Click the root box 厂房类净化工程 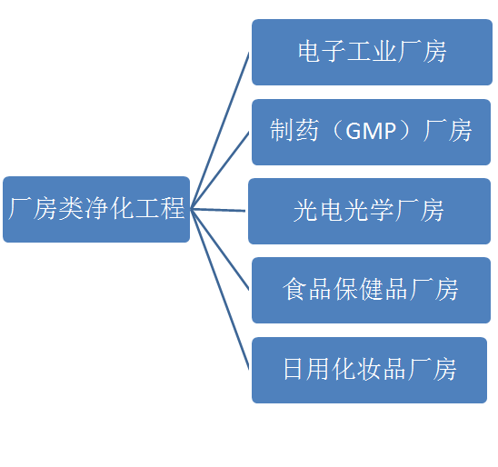coord(96,209)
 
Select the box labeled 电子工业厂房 coord(372,52)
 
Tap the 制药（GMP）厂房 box coord(371,132)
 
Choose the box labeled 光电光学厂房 coord(369,211)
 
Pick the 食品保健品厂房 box coord(371,290)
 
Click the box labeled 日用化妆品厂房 coord(369,370)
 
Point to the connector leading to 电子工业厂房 coord(220,131)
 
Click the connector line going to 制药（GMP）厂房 coord(220,171)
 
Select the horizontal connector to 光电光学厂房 coord(218,210)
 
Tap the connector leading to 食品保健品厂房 coord(220,250)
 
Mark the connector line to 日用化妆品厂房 coord(220,290)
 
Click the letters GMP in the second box coord(371,131)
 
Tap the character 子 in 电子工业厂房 coord(334,51)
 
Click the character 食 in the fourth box coord(294,289)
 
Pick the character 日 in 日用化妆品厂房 coord(293,369)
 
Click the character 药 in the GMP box coord(306,130)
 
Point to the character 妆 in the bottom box coord(369,369)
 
